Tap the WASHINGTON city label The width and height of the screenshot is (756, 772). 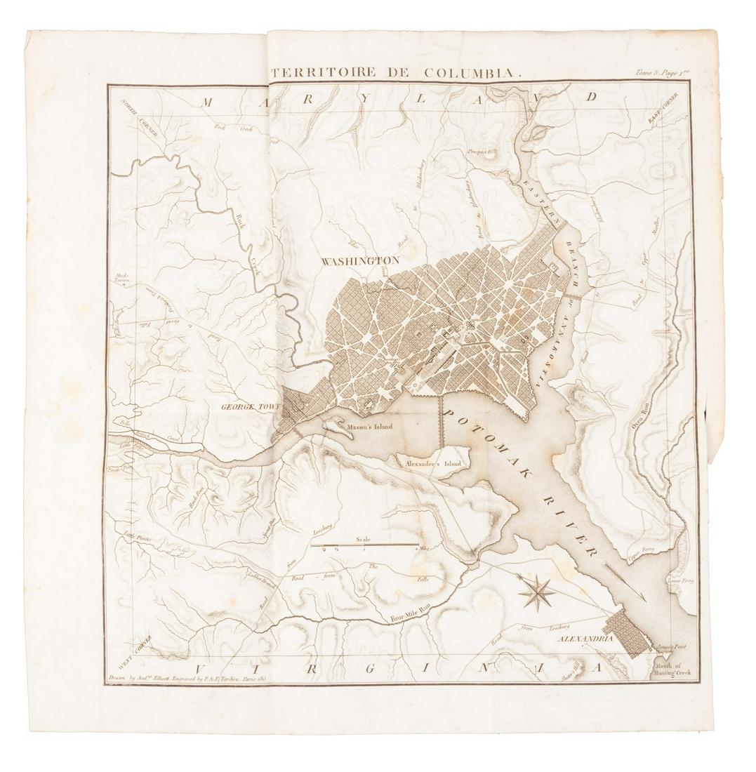point(360,260)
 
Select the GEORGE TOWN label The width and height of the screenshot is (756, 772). point(251,406)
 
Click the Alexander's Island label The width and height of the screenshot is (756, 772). point(429,464)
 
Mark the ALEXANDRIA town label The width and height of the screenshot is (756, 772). point(586,639)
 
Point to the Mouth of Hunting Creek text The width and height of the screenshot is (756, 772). point(673,668)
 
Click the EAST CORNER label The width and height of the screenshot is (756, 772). point(663,109)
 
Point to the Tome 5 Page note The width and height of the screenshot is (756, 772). point(658,72)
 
